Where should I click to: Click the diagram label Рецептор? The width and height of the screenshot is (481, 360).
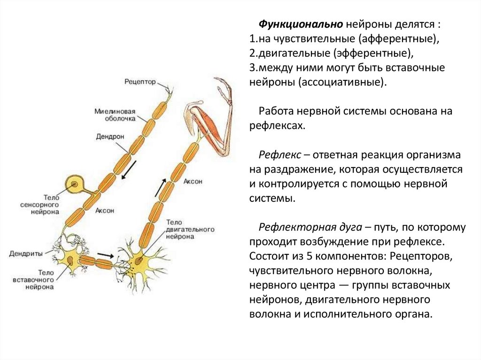[140, 82]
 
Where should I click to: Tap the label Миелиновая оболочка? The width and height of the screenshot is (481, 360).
[115, 115]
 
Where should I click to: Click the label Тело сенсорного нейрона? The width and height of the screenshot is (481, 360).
[40, 206]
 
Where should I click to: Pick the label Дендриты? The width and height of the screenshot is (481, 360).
[26, 253]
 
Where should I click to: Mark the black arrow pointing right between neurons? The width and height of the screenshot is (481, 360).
[105, 256]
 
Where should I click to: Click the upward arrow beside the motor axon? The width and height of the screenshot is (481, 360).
[160, 187]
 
